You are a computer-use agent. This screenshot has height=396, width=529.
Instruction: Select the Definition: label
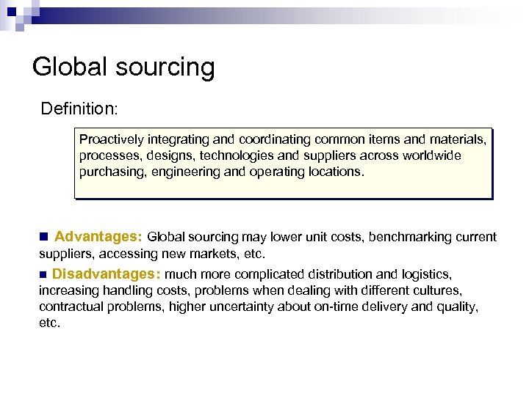(79, 109)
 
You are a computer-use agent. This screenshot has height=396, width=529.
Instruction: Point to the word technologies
(253, 155)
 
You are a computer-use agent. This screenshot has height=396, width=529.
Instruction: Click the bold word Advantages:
(98, 237)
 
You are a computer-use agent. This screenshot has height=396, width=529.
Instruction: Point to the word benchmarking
(405, 237)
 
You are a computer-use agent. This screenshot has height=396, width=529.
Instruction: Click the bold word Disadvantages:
(107, 274)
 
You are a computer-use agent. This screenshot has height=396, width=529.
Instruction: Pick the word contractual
(69, 307)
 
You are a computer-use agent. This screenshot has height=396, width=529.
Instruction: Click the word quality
(457, 307)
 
